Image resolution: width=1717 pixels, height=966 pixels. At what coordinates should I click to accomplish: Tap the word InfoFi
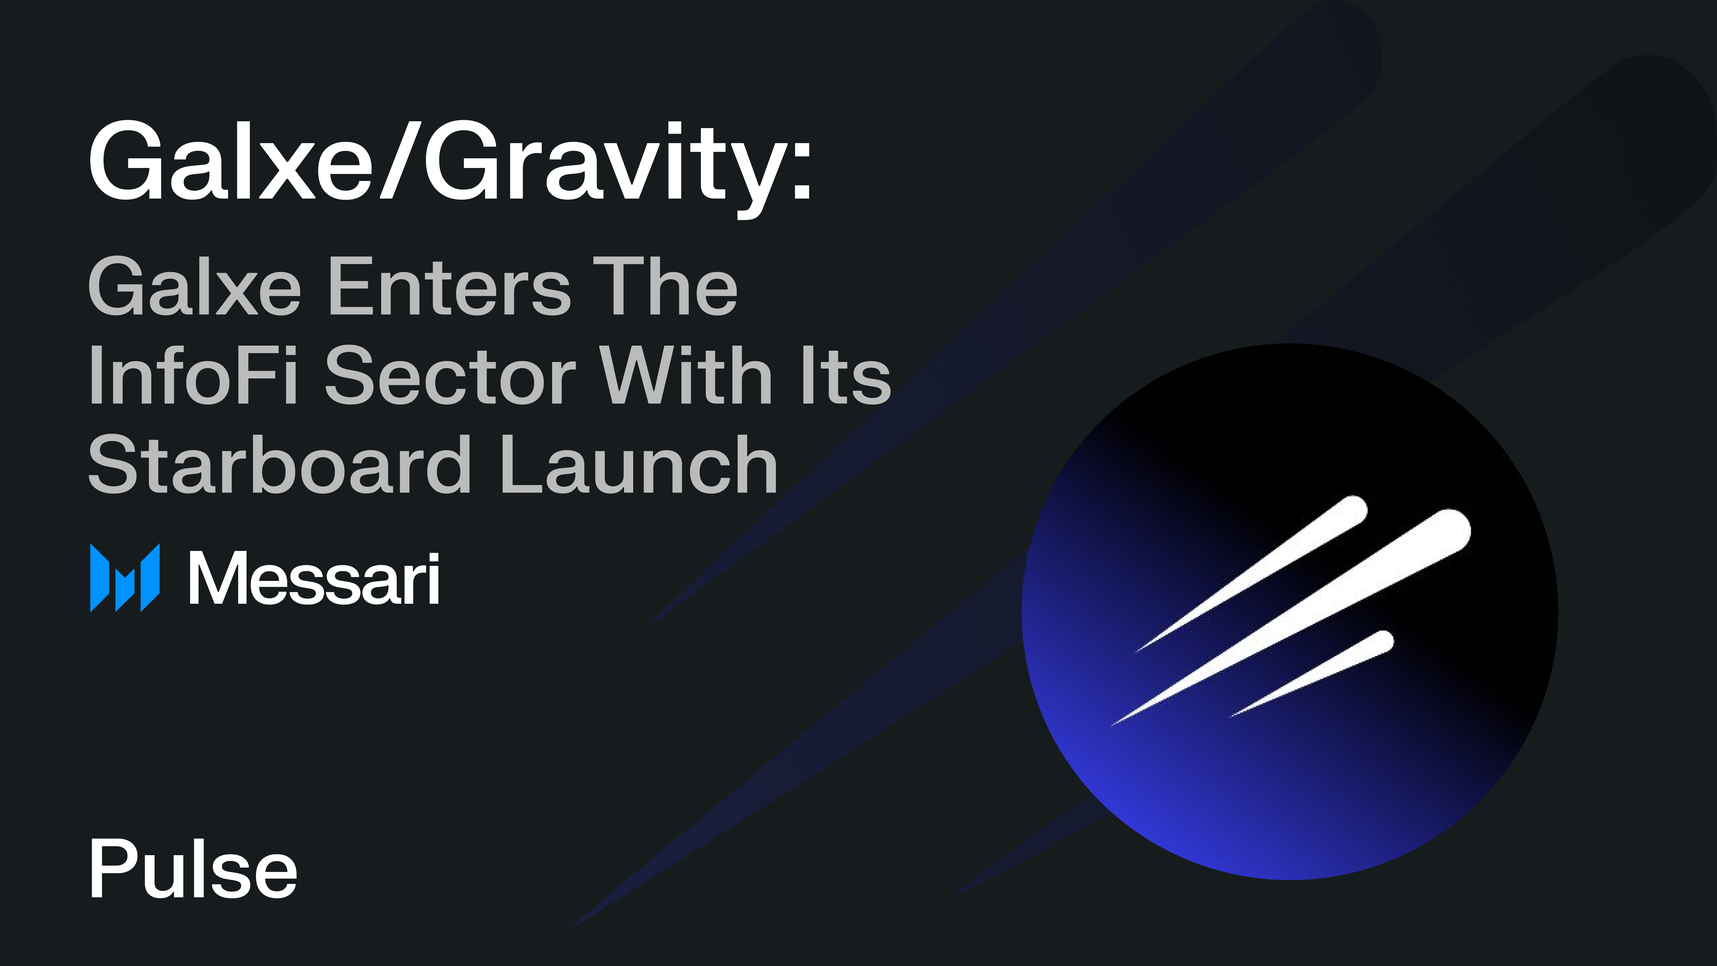[x=193, y=375]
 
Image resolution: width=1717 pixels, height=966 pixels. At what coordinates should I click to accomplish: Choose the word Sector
[x=450, y=375]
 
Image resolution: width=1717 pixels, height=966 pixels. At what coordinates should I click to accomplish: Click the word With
[x=687, y=375]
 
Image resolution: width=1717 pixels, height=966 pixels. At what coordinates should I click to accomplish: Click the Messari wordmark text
[x=313, y=579]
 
